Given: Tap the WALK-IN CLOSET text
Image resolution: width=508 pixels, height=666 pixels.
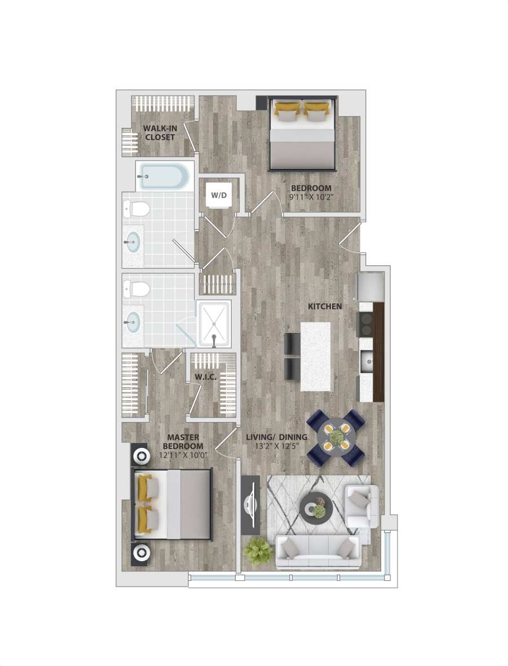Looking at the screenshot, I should click(x=159, y=132).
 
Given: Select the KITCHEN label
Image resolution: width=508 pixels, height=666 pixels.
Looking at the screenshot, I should click(x=324, y=306).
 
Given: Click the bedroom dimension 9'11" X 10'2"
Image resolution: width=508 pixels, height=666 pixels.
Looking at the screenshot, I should click(x=311, y=198).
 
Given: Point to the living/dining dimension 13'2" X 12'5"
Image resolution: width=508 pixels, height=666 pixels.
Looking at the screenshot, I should click(x=276, y=447).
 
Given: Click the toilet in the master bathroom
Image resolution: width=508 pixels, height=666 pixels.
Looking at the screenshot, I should click(x=137, y=290).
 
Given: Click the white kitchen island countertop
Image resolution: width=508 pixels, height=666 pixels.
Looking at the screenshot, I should click(x=315, y=356).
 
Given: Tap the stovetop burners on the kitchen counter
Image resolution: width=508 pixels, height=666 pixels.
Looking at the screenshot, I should click(x=365, y=324).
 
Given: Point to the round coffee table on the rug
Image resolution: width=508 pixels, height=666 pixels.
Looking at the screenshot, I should click(x=313, y=507).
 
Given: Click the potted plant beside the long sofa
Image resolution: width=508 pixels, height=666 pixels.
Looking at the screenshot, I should click(x=259, y=550).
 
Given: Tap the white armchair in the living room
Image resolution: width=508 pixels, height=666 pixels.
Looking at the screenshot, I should click(x=361, y=507).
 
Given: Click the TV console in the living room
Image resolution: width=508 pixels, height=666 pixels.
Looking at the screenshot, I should click(x=250, y=504).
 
